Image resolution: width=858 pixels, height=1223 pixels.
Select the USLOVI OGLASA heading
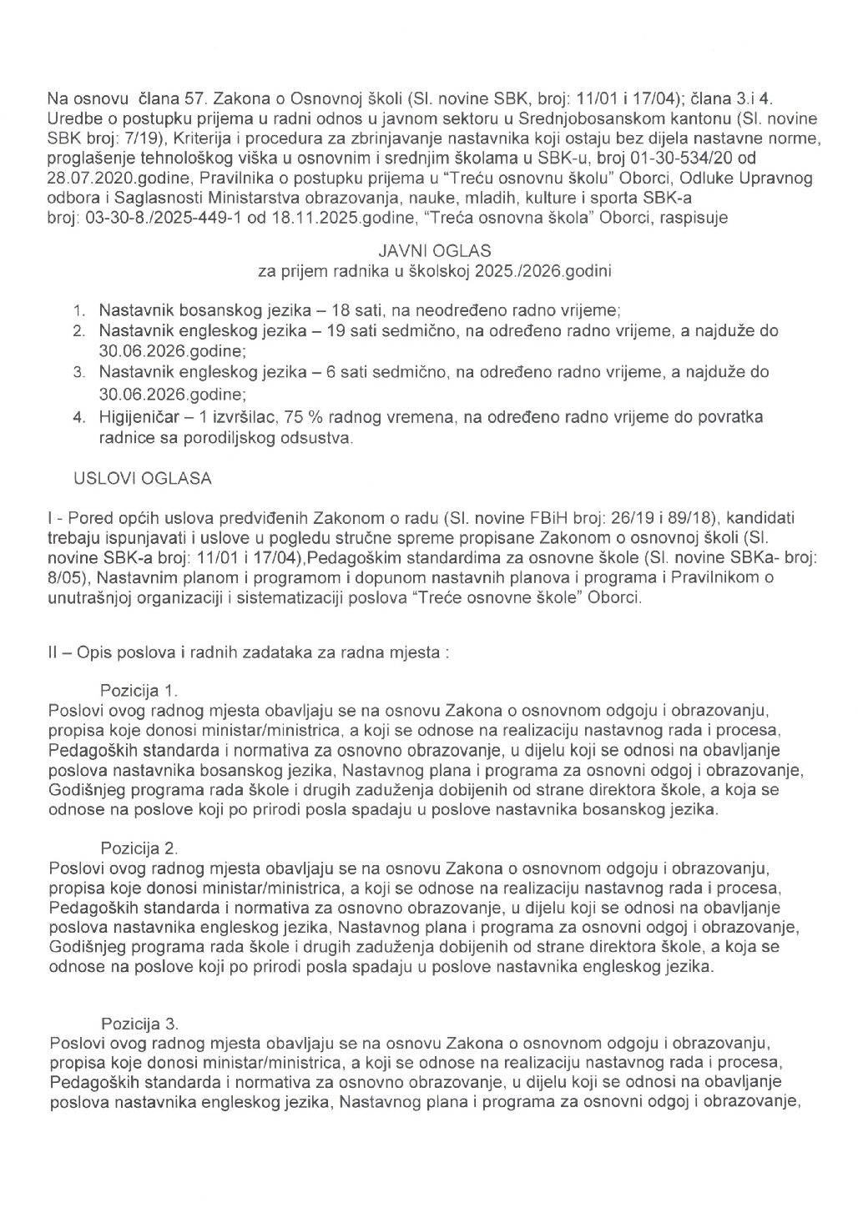click(x=143, y=478)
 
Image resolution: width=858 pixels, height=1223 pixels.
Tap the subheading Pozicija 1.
click(x=139, y=690)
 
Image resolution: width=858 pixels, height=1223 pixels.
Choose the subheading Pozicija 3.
click(x=139, y=1024)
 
